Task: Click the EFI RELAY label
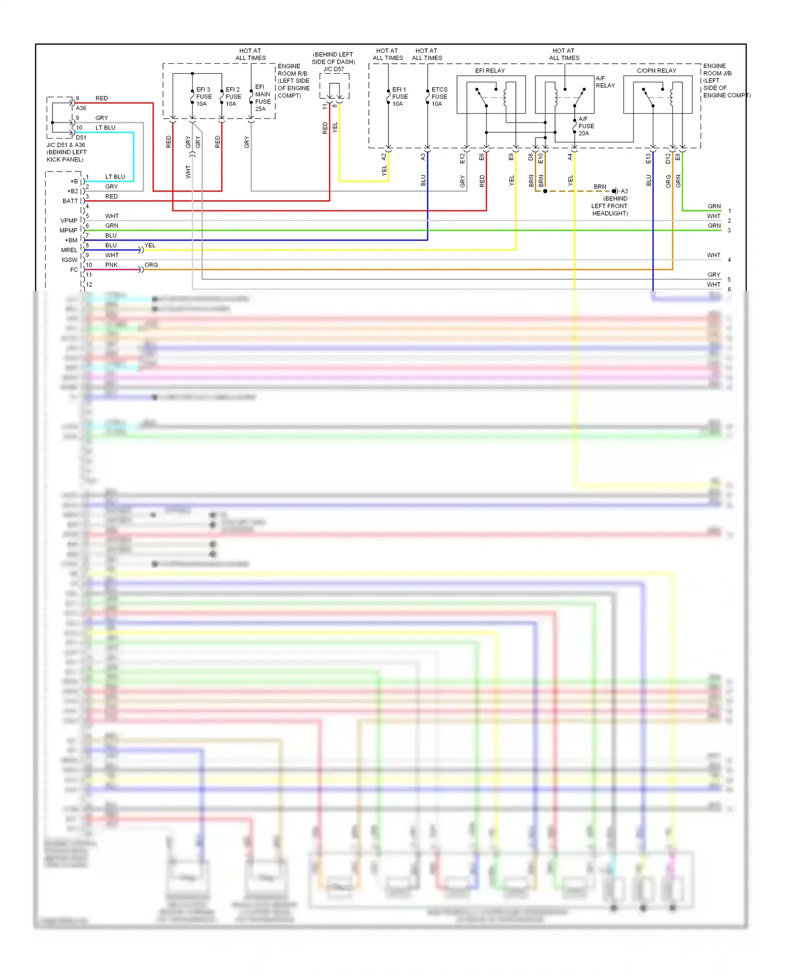tap(489, 71)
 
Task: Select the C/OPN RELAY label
tap(656, 71)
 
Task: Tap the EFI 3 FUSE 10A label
tap(204, 97)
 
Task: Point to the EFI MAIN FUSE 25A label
tap(263, 98)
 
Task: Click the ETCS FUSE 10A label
tap(439, 97)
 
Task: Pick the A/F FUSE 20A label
tap(586, 126)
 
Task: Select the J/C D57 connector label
tap(334, 69)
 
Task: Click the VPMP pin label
tap(69, 220)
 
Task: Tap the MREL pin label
tap(69, 250)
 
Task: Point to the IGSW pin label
tap(70, 260)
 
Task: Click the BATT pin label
tap(70, 201)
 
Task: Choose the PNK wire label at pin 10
tap(111, 265)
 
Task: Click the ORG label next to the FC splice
tap(151, 265)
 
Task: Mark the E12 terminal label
tap(462, 158)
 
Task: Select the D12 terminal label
tap(668, 158)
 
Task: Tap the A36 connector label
tap(81, 108)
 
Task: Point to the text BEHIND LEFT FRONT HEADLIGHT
tap(610, 206)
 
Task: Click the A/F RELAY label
tap(605, 82)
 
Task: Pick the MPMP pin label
tap(68, 231)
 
